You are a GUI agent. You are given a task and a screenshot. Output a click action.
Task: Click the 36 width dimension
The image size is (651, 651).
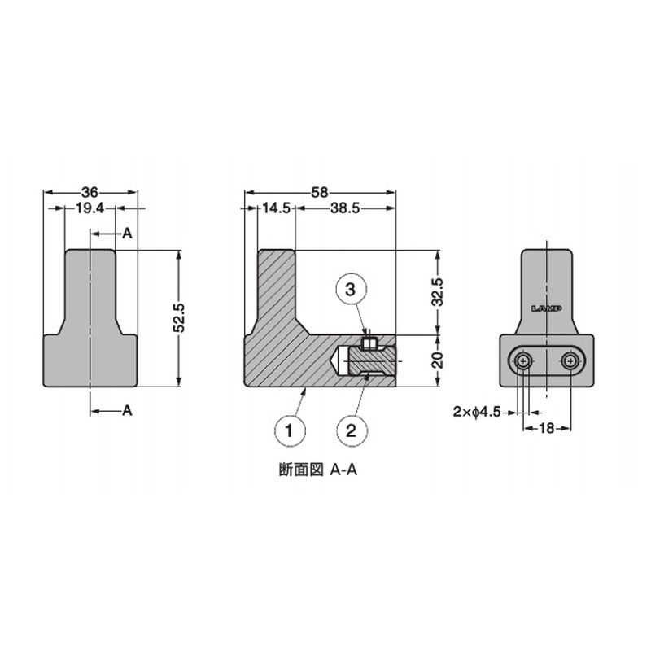coord(90,193)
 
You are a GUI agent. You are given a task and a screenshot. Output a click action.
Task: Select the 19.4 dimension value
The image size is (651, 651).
coord(90,209)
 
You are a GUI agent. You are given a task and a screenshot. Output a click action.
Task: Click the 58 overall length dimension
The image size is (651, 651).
coord(320,193)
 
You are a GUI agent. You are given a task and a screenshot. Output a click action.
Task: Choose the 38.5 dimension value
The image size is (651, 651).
coord(346,209)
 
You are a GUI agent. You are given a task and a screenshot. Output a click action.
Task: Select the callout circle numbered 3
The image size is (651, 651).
coord(351,290)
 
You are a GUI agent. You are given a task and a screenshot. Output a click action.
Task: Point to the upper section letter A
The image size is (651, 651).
coord(127,234)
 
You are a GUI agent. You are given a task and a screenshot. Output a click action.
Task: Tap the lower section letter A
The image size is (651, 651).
coord(127,411)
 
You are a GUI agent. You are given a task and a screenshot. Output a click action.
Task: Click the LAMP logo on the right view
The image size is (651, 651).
coord(547,308)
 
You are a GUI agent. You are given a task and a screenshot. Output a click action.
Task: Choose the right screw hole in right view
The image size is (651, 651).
coord(572,360)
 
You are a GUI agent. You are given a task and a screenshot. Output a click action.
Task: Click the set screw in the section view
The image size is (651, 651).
coord(369,342)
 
